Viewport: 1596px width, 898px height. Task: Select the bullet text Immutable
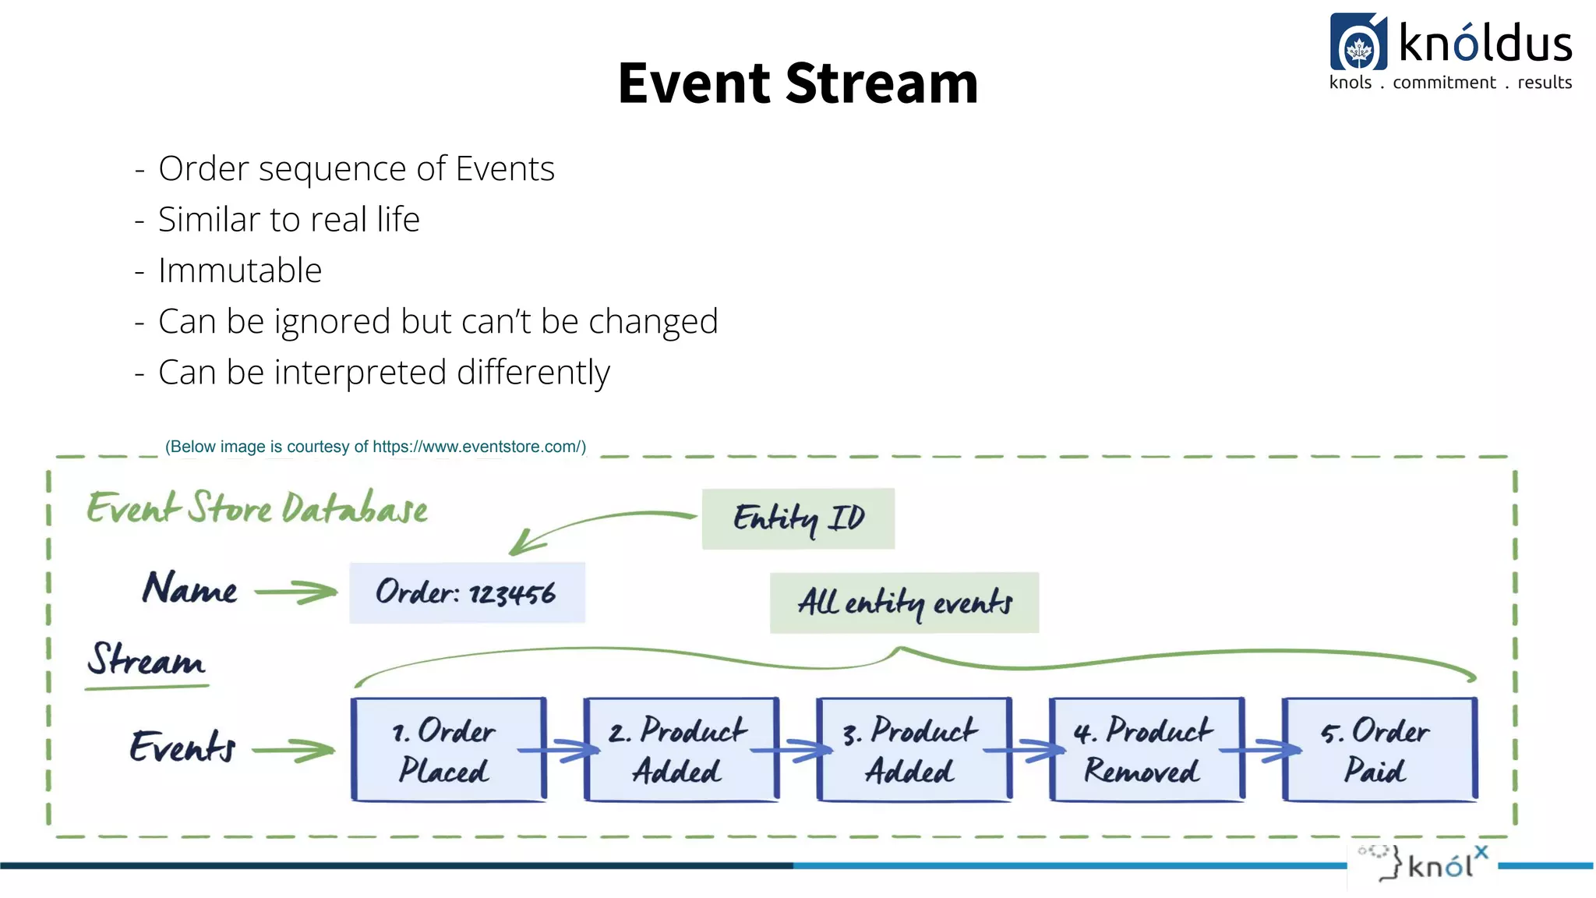240,270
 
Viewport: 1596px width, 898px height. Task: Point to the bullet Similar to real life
289,220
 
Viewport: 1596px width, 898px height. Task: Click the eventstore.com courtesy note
375,447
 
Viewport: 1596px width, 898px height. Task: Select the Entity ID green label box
798,518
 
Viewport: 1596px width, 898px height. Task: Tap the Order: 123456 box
466,592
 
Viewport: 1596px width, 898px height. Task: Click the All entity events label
904,603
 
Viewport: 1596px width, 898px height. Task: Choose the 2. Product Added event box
680,750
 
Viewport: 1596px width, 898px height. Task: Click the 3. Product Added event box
913,750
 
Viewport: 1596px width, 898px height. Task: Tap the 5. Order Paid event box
1378,750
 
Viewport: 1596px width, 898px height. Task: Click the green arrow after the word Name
296,592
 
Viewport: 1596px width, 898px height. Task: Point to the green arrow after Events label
293,751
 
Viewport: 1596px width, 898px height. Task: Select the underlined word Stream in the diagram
146,661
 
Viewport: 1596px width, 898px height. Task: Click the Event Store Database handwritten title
257,508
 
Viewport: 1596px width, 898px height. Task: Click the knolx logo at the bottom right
1423,864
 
